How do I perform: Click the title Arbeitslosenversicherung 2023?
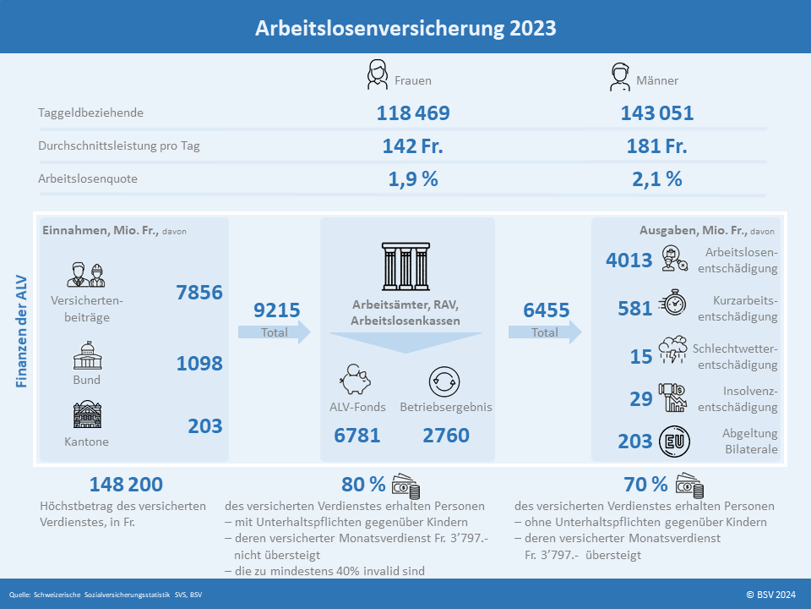(405, 28)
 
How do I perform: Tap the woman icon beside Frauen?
(377, 74)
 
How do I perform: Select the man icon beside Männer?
(619, 77)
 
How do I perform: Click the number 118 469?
(413, 112)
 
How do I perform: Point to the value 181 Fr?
(657, 146)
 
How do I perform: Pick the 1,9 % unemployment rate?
(413, 179)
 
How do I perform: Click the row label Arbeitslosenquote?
(88, 178)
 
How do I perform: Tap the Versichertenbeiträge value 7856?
(199, 293)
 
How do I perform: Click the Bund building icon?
(87, 355)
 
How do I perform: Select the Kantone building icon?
(87, 414)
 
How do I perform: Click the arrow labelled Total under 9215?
(274, 332)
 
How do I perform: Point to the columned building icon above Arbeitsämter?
(406, 266)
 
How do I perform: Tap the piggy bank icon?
(356, 380)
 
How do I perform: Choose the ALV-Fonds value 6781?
(357, 436)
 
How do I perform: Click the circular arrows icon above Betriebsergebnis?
(444, 381)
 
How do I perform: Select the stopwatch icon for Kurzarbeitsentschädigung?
(673, 303)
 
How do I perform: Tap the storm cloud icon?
(673, 349)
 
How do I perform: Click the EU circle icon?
(674, 442)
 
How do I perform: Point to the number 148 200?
(126, 484)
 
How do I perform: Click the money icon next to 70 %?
(690, 486)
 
